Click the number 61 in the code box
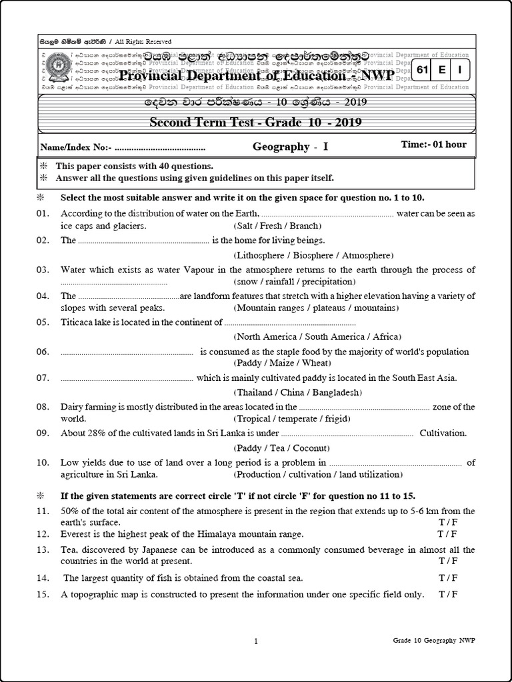(422, 70)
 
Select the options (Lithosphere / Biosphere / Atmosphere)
(313, 255)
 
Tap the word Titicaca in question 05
(77, 322)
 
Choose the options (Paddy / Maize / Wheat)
(282, 363)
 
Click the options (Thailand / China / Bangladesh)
(299, 392)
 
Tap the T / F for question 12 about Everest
(447, 534)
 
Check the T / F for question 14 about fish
(448, 577)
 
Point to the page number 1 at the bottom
(256, 641)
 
